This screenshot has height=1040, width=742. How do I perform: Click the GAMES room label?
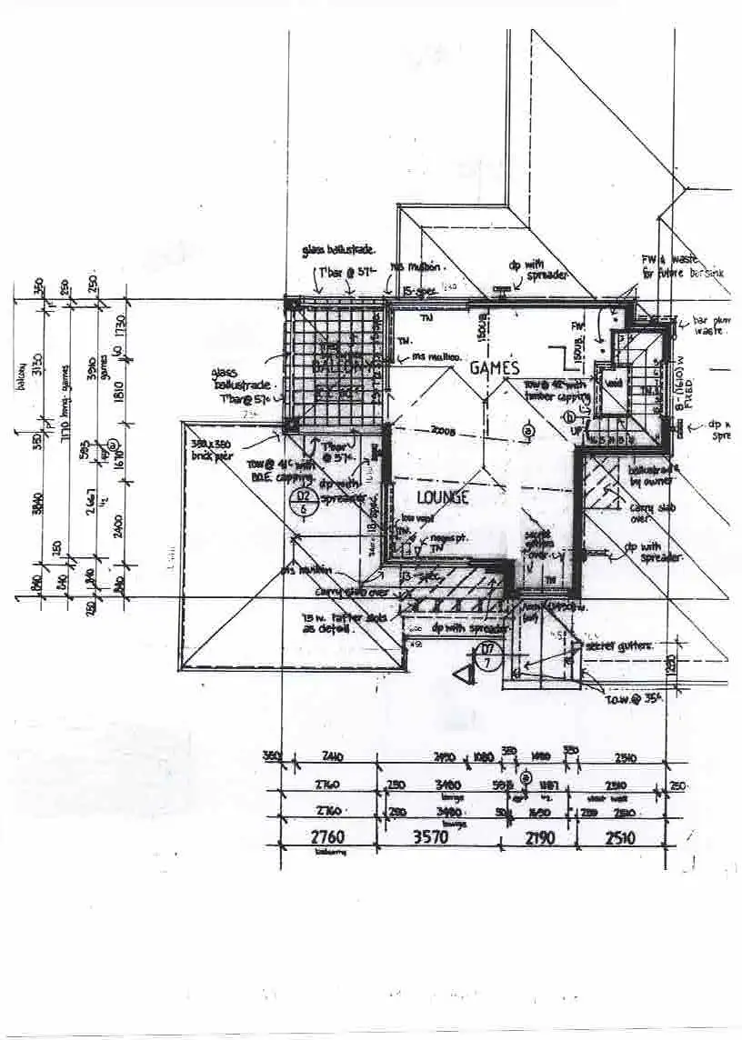click(495, 368)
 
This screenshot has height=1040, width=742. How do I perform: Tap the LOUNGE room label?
click(443, 497)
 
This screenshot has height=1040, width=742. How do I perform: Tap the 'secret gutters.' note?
click(619, 645)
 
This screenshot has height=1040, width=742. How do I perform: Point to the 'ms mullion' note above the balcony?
click(417, 267)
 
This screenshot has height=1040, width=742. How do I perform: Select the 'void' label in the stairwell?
click(615, 384)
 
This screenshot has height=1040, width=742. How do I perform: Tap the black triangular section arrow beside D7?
click(468, 674)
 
